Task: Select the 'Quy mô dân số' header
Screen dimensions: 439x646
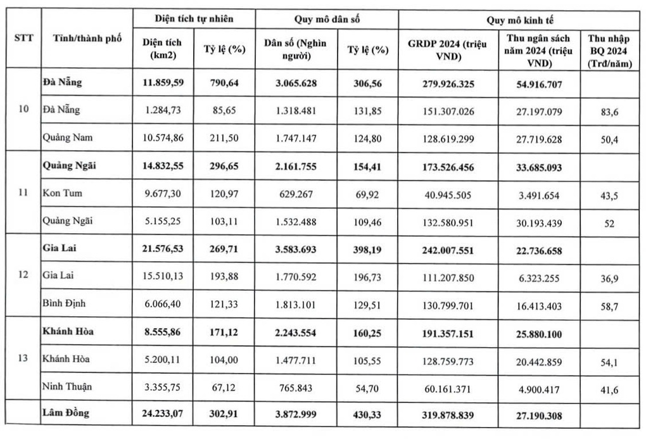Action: tap(326, 18)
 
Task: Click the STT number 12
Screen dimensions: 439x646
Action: tap(23, 276)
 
